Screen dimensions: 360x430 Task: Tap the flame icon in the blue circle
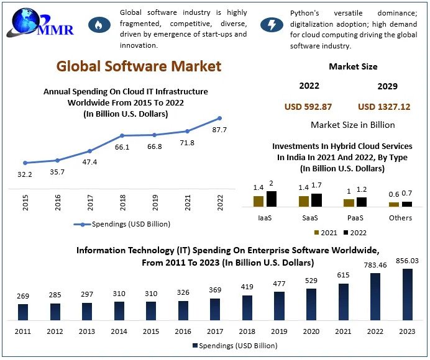pyautogui.click(x=98, y=25)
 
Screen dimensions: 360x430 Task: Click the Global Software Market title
pyautogui.click(x=139, y=66)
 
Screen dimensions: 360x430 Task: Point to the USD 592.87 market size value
pyautogui.click(x=308, y=107)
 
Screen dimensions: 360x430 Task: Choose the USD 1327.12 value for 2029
pyautogui.click(x=384, y=107)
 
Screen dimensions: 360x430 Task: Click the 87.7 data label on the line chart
pyautogui.click(x=219, y=130)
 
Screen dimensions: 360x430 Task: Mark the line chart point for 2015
pyautogui.click(x=25, y=163)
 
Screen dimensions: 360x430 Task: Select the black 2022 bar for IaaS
pyautogui.click(x=271, y=199)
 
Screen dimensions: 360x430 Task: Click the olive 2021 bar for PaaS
pyautogui.click(x=349, y=202)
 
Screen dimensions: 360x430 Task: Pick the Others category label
pyautogui.click(x=400, y=218)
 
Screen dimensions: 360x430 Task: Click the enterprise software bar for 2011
pyautogui.click(x=23, y=312)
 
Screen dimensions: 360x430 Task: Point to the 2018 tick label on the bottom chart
pyautogui.click(x=247, y=332)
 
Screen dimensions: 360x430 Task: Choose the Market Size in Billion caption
pyautogui.click(x=352, y=125)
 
